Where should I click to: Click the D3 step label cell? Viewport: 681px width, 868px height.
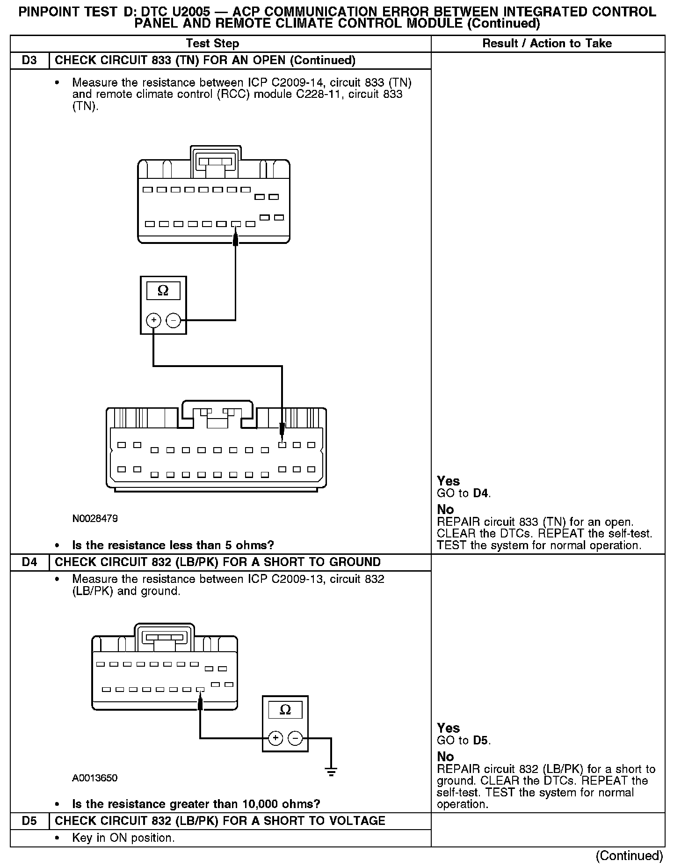(29, 60)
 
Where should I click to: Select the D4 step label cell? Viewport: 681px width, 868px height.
(29, 562)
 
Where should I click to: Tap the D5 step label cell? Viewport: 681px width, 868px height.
(29, 821)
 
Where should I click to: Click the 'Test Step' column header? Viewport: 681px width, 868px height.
(212, 44)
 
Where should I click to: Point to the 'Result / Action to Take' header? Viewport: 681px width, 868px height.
(547, 44)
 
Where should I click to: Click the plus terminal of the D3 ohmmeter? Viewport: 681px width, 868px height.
(153, 320)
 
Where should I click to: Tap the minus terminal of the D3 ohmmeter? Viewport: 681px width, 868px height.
(174, 320)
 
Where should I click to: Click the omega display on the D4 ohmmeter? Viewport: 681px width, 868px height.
(285, 710)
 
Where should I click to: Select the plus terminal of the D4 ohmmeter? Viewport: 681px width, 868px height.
(276, 738)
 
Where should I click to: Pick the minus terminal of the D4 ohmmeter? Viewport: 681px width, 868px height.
(295, 738)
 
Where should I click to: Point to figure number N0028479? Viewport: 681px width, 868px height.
(95, 519)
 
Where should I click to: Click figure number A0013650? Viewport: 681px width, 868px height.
(95, 778)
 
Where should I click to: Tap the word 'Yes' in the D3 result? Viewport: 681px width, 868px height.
(448, 481)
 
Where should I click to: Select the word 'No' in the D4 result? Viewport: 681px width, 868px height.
(445, 757)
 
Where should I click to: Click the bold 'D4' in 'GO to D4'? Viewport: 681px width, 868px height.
(481, 493)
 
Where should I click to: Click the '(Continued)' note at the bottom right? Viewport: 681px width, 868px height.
(629, 855)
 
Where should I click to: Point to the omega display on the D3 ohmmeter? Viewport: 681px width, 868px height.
(163, 291)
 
